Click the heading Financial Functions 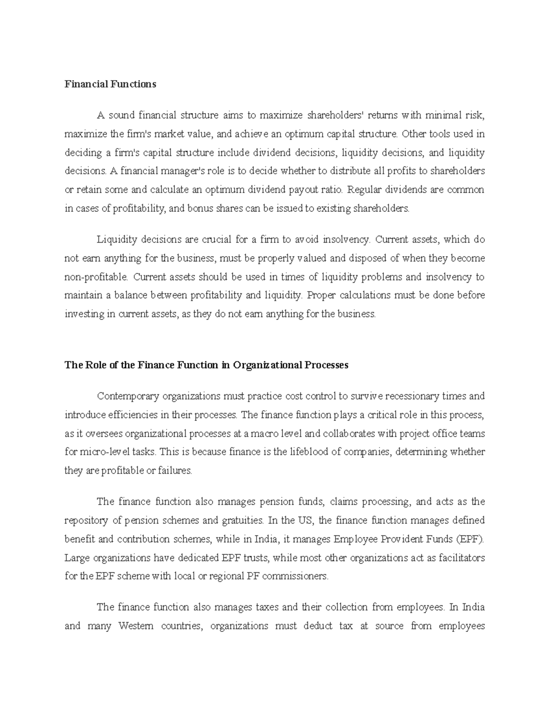pos(110,84)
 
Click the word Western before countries pos(136,626)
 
